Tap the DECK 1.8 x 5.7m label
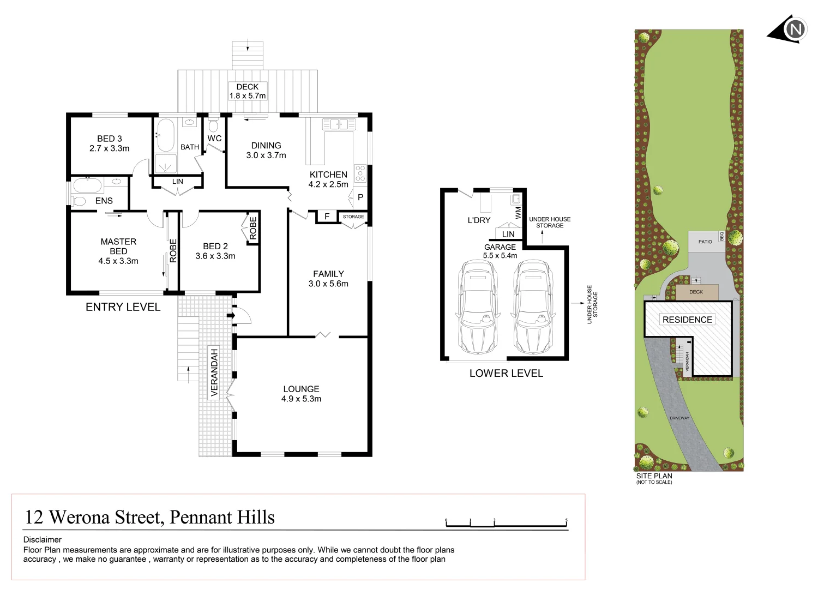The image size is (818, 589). point(247,91)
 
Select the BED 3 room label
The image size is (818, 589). point(109,143)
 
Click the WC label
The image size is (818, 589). point(214,139)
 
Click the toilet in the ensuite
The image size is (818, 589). point(80,201)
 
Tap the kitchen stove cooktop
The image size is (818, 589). point(360,173)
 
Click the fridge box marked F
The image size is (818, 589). point(327,217)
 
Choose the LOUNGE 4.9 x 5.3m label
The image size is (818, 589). point(301,394)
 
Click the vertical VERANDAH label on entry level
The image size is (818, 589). point(214,372)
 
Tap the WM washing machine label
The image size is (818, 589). point(518,212)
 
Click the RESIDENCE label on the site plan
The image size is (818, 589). point(687,320)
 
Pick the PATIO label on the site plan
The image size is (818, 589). point(705,242)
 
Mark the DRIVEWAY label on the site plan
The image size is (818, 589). point(679,418)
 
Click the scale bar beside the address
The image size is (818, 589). point(506,523)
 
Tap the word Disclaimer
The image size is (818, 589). point(43,539)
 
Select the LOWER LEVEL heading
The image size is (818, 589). point(506,374)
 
